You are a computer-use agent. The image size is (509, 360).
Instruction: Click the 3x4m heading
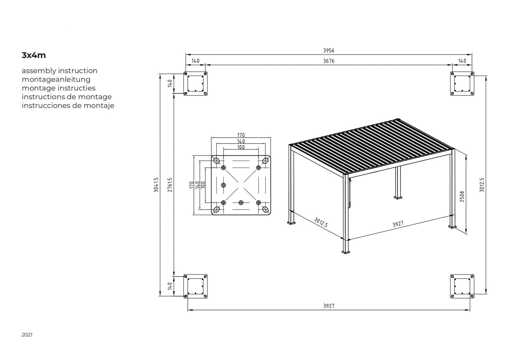tap(33, 55)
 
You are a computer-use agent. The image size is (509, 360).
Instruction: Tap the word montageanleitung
tap(56, 80)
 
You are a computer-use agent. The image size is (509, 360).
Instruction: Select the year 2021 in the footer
tap(27, 335)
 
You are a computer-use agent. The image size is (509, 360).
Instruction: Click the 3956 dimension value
tap(329, 51)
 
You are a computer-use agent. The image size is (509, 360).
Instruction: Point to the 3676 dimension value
tap(329, 61)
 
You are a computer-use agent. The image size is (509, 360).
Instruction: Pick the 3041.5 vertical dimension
tap(156, 185)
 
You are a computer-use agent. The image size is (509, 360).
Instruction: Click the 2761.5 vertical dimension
tap(170, 185)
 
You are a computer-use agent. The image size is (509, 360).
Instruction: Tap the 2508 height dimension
tap(462, 197)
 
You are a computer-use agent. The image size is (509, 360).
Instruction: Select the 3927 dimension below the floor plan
tap(329, 306)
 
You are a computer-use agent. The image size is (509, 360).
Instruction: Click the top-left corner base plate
tap(195, 83)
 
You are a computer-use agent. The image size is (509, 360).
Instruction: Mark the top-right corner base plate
tap(462, 83)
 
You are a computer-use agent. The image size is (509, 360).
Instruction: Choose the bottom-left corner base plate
tap(195, 286)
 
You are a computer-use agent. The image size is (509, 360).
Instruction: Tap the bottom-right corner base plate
tap(462, 286)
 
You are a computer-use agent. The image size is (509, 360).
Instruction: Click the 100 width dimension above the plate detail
tap(241, 147)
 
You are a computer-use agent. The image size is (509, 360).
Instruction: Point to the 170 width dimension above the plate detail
tap(241, 135)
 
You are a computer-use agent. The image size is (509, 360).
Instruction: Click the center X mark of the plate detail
tap(241, 185)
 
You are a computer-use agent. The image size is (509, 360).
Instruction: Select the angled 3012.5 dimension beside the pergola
tap(321, 222)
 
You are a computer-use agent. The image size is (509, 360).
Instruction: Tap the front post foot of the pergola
tap(346, 252)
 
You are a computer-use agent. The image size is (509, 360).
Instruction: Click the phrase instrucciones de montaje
tap(68, 106)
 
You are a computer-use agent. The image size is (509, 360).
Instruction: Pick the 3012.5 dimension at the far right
tap(482, 185)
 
